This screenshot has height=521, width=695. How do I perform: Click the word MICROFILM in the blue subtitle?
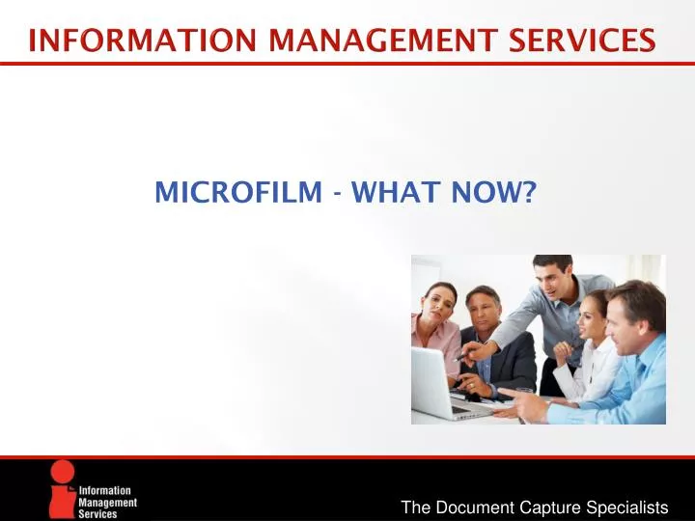click(x=237, y=194)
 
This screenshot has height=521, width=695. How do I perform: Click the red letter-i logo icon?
click(x=64, y=490)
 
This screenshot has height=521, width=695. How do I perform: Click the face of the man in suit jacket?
click(x=483, y=312)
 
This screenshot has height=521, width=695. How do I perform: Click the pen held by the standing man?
click(x=461, y=356)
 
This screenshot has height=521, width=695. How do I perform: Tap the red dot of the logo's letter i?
click(x=64, y=471)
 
